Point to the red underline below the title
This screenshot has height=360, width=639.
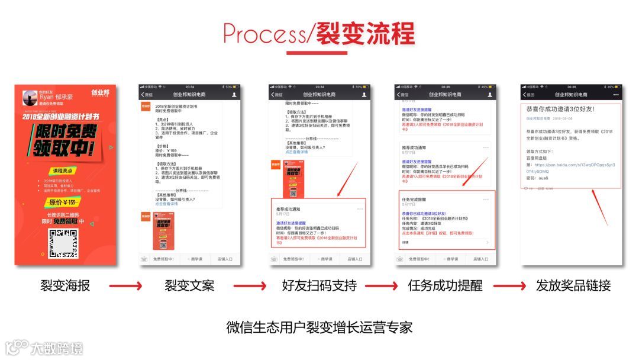317,53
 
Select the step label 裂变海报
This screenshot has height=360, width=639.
65,286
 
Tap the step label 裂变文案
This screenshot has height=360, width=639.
189,286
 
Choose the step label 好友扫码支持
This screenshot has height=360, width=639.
319,286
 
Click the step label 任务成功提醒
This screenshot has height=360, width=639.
445,286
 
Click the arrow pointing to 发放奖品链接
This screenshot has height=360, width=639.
509,287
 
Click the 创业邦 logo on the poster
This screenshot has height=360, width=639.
101,93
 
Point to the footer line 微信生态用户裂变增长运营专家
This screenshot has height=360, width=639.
319,327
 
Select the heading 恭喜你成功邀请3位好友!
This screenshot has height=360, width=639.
560,109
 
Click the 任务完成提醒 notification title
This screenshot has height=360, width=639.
415,200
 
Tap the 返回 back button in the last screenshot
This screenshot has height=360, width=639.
528,95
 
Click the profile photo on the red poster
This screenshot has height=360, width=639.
30,97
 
